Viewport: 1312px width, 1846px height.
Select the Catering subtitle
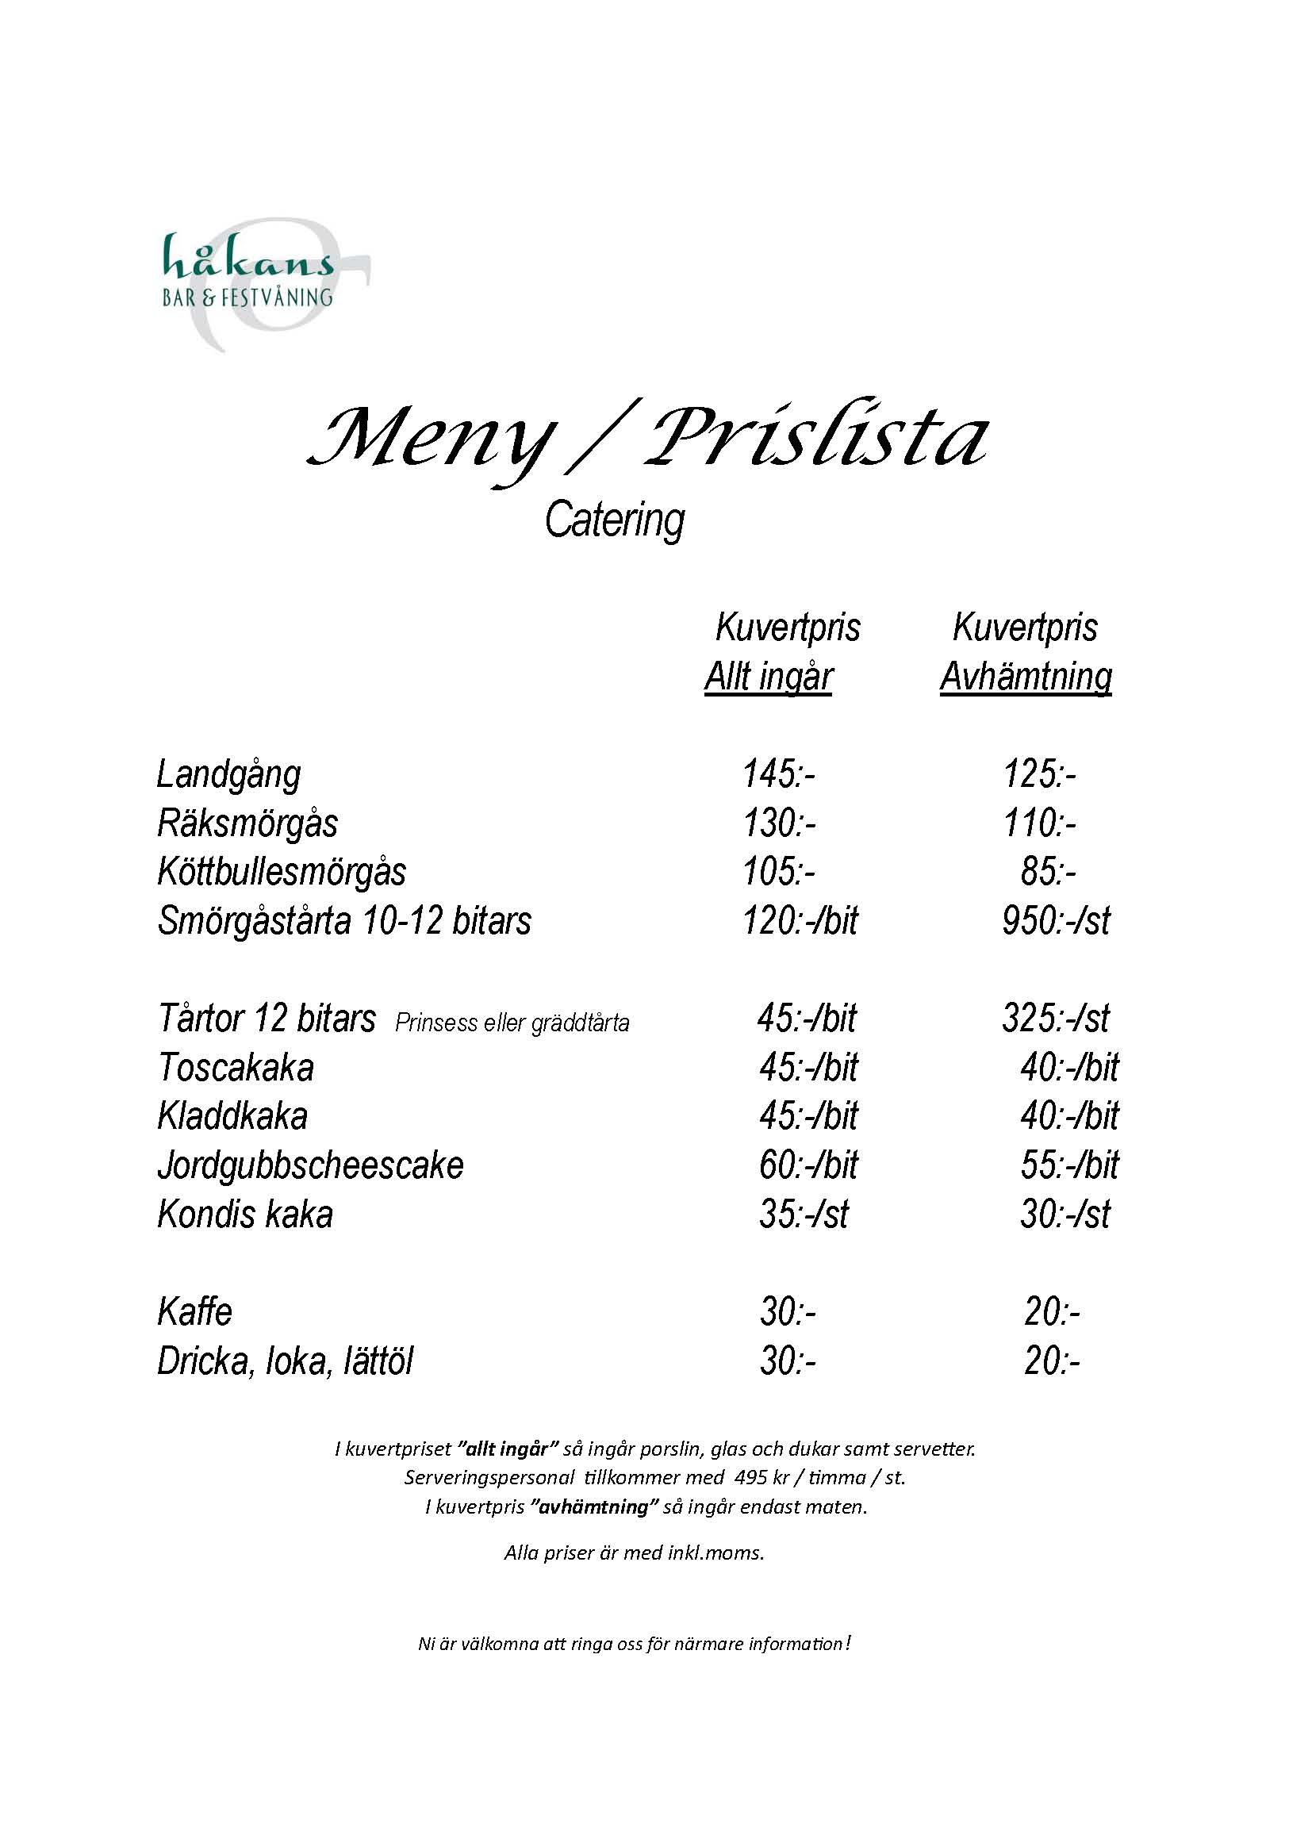coord(614,520)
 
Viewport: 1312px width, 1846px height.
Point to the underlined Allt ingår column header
coord(769,677)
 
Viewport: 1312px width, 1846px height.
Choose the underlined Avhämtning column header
coord(1025,677)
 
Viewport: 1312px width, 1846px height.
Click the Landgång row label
coord(228,774)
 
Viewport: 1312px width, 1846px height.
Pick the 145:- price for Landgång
coord(779,774)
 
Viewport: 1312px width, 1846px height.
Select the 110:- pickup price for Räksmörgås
coord(1040,823)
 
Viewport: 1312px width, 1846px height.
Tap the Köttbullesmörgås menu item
coord(282,872)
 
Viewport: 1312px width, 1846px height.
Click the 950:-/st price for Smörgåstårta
coord(1056,921)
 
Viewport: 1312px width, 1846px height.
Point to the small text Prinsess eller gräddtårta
coord(512,1023)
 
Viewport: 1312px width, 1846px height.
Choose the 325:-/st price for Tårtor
coord(1056,1019)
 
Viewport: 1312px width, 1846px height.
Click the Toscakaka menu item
coord(236,1068)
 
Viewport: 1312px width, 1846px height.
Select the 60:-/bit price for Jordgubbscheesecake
coord(808,1165)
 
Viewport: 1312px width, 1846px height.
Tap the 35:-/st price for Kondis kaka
coord(804,1215)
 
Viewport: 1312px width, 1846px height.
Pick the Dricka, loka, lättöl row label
coord(286,1362)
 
